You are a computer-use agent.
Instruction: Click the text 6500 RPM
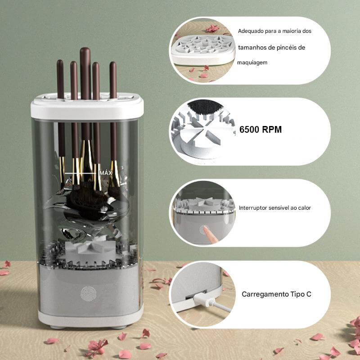pos(261,130)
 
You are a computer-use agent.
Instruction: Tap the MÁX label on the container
pos(106,173)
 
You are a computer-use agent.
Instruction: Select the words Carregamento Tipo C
pos(276,294)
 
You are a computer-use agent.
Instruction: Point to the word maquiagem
pos(252,63)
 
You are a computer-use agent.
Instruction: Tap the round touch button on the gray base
pos(88,294)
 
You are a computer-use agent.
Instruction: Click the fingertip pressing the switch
pos(205,228)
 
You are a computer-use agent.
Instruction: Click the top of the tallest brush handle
pos(85,49)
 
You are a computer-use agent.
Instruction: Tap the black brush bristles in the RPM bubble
pos(205,108)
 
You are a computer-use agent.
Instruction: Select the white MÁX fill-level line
pos(80,173)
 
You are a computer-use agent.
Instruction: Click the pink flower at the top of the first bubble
pos(212,28)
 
